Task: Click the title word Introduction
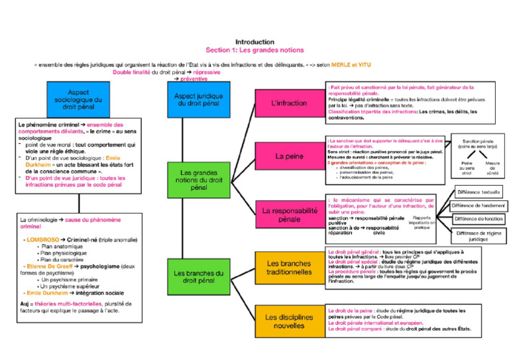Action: pos(254,41)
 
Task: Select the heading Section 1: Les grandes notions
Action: pos(254,50)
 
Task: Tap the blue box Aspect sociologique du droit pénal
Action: pos(78,99)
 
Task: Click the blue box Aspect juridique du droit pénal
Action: pos(199,99)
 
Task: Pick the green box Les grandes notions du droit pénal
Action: pos(199,179)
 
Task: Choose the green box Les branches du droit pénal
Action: pos(199,276)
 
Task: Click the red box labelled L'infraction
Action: pos(289,103)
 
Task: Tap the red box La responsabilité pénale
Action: pos(289,214)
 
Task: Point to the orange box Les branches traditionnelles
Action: pos(289,268)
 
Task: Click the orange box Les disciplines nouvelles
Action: pos(289,322)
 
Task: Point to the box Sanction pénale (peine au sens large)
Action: pos(478,143)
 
